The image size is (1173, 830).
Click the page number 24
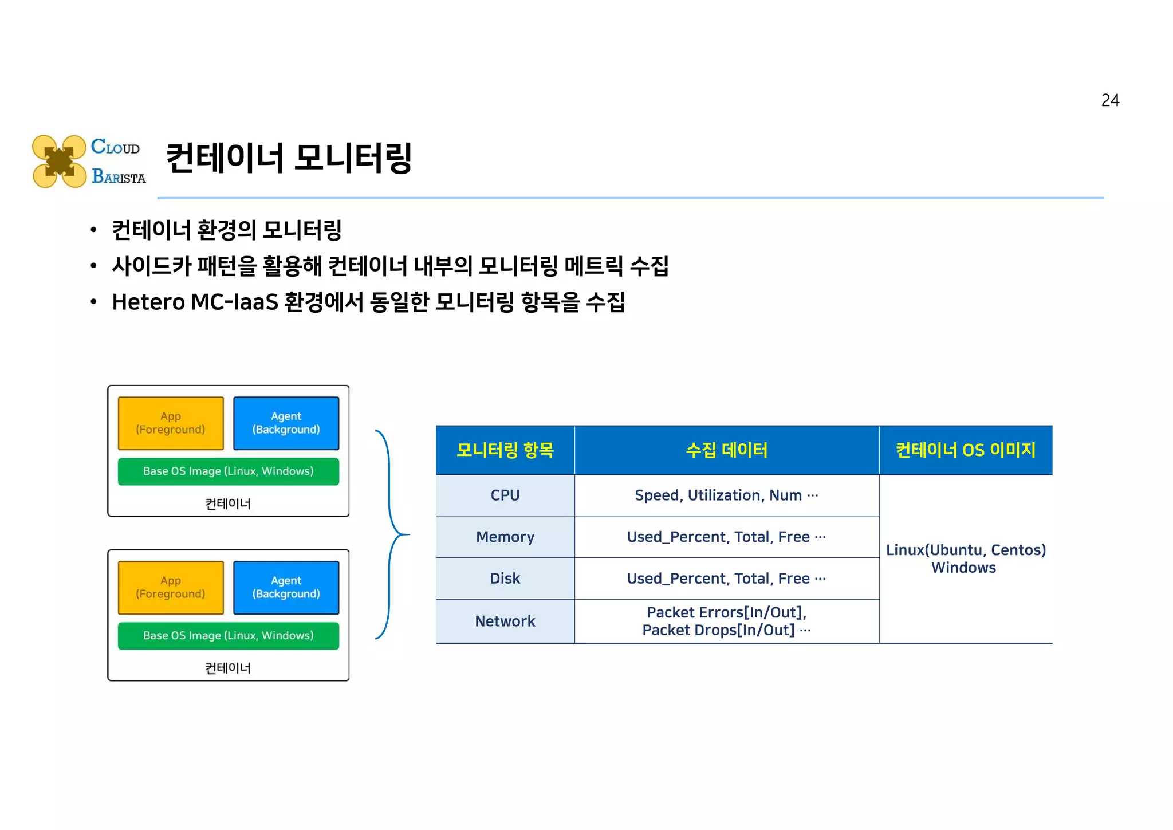(1109, 100)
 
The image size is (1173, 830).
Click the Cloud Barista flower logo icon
(59, 162)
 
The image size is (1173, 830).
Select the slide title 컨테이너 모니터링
(289, 158)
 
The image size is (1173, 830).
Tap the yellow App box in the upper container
(171, 423)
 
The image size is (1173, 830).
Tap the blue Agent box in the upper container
(286, 423)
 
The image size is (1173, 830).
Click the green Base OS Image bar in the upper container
(228, 471)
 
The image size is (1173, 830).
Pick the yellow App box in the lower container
(171, 588)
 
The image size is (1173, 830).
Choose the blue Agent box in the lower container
(286, 588)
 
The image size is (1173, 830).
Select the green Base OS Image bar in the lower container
(228, 636)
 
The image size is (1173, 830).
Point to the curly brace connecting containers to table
(392, 534)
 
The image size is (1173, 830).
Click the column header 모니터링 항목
(505, 450)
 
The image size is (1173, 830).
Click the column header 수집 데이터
(726, 450)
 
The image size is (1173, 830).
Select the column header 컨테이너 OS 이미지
(965, 450)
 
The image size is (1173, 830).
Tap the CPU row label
(505, 495)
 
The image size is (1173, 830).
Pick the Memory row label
(505, 537)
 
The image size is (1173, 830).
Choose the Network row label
(505, 621)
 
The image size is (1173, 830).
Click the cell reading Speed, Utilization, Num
(726, 495)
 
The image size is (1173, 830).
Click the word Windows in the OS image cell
(963, 568)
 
